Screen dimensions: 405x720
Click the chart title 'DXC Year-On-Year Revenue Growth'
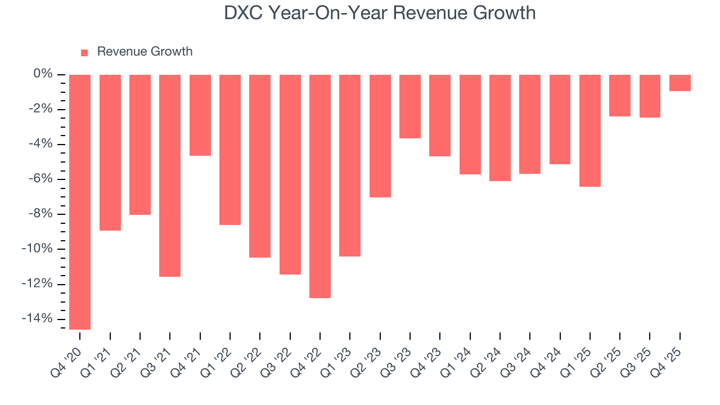coord(380,12)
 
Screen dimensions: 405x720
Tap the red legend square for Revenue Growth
coord(84,52)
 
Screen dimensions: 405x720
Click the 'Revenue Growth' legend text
coord(145,52)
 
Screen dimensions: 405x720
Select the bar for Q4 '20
coord(80,201)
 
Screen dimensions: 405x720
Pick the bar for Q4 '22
coord(320,186)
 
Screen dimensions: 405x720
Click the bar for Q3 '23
coord(410,106)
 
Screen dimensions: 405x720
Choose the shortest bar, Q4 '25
coord(680,83)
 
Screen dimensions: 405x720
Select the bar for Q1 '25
coord(590,130)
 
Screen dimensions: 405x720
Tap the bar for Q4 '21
coord(200,115)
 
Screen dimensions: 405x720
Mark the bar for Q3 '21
coord(170,175)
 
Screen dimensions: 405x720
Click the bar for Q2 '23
coord(380,136)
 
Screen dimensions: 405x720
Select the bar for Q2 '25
coord(620,96)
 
